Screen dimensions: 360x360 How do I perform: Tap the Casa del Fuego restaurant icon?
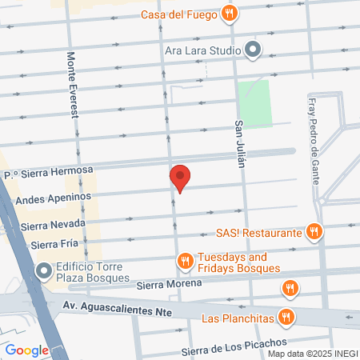(230, 13)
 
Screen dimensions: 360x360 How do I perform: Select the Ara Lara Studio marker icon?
(254, 50)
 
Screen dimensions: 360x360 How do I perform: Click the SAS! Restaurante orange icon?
(314, 233)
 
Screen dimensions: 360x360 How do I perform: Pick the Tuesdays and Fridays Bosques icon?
(185, 262)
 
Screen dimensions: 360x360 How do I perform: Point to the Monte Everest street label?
(74, 85)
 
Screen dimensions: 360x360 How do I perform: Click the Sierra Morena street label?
(166, 284)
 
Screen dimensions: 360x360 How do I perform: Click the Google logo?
(26, 350)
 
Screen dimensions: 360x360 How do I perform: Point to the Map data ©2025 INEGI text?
(311, 354)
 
